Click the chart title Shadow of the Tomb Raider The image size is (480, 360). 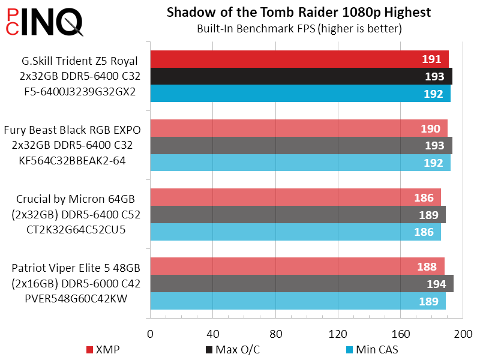pos(299,13)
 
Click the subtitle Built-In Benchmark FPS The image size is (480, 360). pos(299,28)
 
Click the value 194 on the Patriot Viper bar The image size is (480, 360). pos(436,284)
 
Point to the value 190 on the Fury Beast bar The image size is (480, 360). pos(430,128)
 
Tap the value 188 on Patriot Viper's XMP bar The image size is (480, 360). pos(427,267)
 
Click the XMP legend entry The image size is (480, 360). pos(103,349)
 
